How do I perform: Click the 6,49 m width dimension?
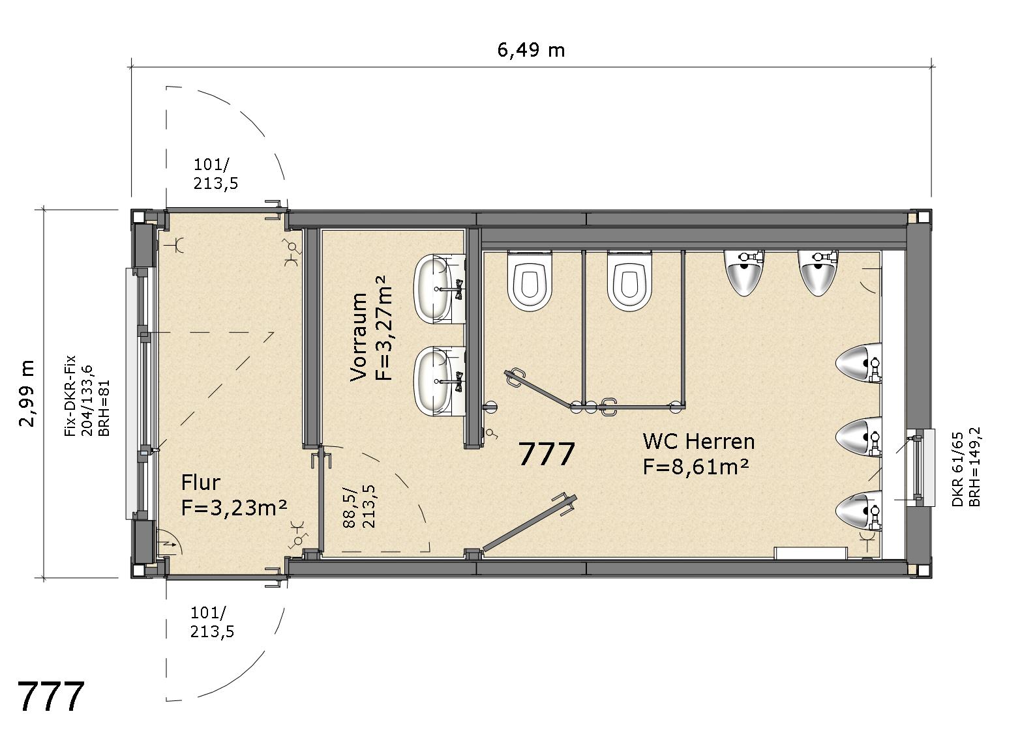click(531, 50)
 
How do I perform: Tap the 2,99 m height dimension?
click(27, 394)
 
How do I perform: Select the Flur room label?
click(200, 483)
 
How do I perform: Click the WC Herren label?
click(698, 442)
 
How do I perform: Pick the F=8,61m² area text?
click(696, 467)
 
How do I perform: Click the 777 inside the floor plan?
click(547, 454)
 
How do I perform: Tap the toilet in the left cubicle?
click(530, 281)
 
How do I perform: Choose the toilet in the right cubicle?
click(629, 281)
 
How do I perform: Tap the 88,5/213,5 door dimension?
click(360, 506)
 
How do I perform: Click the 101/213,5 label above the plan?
click(215, 175)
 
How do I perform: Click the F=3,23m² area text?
click(233, 508)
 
